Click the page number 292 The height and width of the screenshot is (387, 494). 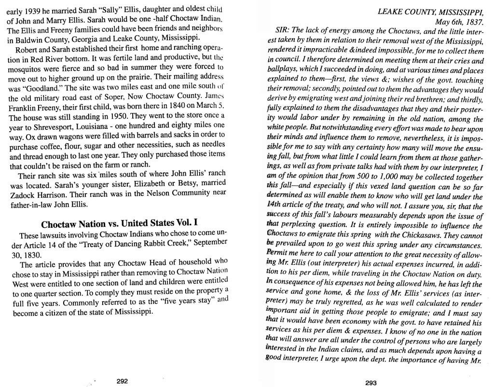[122, 381]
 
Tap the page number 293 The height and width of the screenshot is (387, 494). [370, 383]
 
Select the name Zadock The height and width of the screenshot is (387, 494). [23, 194]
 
